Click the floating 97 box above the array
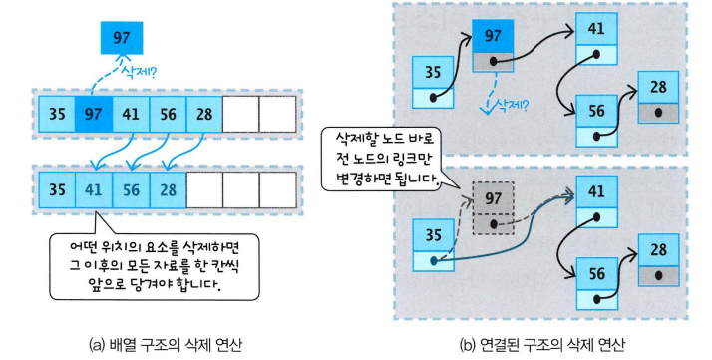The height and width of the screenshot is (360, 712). point(122,37)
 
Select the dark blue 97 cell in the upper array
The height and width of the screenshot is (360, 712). point(94,114)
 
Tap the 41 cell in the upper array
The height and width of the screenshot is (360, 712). point(131,114)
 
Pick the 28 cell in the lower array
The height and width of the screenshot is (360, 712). point(168,189)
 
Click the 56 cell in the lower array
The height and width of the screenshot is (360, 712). point(131,189)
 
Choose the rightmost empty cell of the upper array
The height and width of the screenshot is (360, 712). point(277,114)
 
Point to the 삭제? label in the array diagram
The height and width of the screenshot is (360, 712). point(138,72)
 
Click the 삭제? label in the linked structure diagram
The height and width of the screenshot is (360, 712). point(511,106)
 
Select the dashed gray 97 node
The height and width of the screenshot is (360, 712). point(494,208)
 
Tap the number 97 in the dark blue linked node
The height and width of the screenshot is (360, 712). point(493,36)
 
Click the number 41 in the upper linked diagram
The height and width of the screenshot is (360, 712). point(596,29)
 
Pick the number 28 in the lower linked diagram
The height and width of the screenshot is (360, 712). point(658,249)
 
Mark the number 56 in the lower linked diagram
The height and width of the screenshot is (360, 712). point(596,274)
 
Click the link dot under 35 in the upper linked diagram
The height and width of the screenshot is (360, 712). point(433,98)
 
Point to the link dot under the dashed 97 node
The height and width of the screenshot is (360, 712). point(494,224)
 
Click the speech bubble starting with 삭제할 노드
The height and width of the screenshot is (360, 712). point(384,158)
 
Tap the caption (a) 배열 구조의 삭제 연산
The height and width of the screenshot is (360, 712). point(166,345)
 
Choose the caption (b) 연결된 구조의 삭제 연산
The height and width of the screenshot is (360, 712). point(542,345)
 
